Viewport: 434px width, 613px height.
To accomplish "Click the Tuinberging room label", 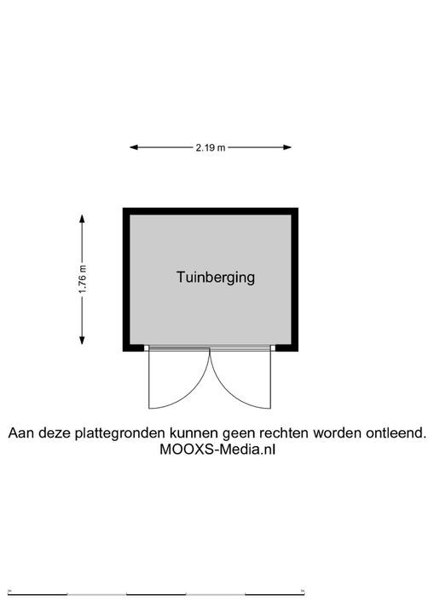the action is coord(216,278).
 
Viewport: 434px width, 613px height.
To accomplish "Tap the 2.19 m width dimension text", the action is coord(211,147).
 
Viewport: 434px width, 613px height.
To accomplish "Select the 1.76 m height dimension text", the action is coord(82,279).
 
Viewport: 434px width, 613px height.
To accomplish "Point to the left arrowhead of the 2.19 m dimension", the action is coord(134,147).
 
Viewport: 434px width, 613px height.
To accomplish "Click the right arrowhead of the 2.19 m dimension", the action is coord(287,147).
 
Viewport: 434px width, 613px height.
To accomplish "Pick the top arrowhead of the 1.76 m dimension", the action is coord(82,219).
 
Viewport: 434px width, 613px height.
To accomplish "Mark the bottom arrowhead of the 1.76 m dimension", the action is coord(82,340).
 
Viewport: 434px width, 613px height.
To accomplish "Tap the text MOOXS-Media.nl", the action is coord(217,450).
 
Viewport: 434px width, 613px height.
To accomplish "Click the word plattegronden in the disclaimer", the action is coord(120,433).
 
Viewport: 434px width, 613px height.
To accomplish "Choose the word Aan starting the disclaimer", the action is coord(20,433).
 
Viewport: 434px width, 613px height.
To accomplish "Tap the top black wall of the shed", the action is coord(211,211).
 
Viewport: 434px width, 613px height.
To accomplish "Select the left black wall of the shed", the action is coord(126,279).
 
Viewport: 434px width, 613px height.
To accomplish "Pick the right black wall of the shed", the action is coord(294,279).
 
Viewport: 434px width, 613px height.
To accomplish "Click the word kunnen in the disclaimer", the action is coord(194,433).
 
